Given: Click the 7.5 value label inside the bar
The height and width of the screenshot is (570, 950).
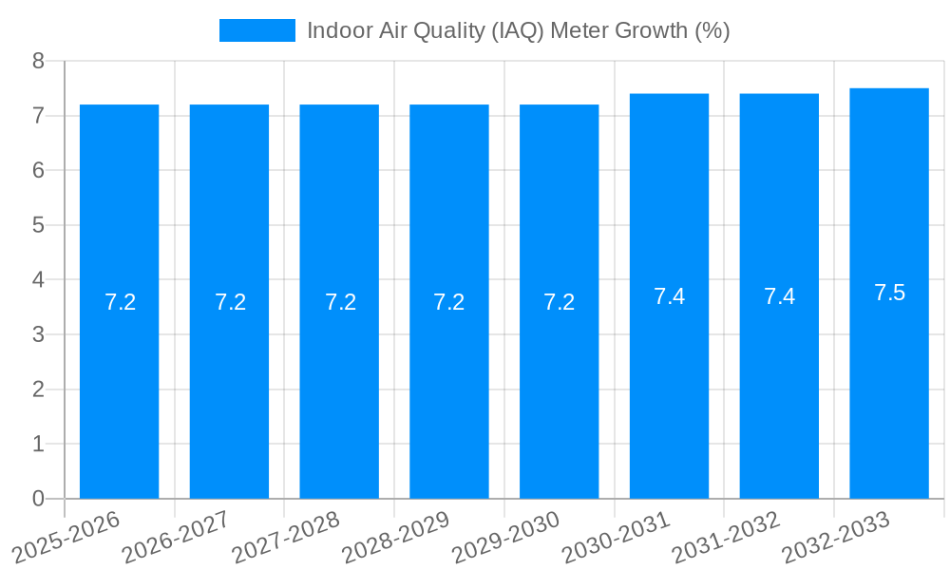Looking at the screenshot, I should click(x=889, y=293).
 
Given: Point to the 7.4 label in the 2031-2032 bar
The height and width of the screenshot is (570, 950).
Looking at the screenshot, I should click(x=779, y=296).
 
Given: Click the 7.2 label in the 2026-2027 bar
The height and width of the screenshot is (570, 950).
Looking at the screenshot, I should click(x=230, y=302).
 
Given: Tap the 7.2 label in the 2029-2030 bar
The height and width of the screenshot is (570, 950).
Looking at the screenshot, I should click(x=559, y=302).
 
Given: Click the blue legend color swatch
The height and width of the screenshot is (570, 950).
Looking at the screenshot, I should click(x=256, y=30).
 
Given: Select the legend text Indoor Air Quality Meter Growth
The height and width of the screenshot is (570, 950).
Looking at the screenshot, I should click(x=518, y=30).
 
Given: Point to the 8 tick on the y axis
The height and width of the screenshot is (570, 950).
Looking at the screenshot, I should click(x=38, y=61).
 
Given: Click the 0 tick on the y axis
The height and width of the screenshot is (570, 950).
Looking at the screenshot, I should click(x=38, y=499).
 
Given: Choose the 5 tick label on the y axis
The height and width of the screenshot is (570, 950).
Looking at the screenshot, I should click(x=38, y=225).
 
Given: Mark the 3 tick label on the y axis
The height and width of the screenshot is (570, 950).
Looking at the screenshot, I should click(x=38, y=334).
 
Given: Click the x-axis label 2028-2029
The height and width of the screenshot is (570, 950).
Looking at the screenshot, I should click(x=396, y=536).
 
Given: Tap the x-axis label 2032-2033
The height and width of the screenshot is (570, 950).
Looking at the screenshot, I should click(x=835, y=536).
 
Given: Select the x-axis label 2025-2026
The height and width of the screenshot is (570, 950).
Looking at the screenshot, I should click(x=66, y=536).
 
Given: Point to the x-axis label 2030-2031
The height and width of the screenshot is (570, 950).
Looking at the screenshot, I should click(x=616, y=536).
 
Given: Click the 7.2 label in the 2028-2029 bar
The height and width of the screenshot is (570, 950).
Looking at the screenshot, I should click(x=448, y=302).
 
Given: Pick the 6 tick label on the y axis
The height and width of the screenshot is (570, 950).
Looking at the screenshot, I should click(x=38, y=170).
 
